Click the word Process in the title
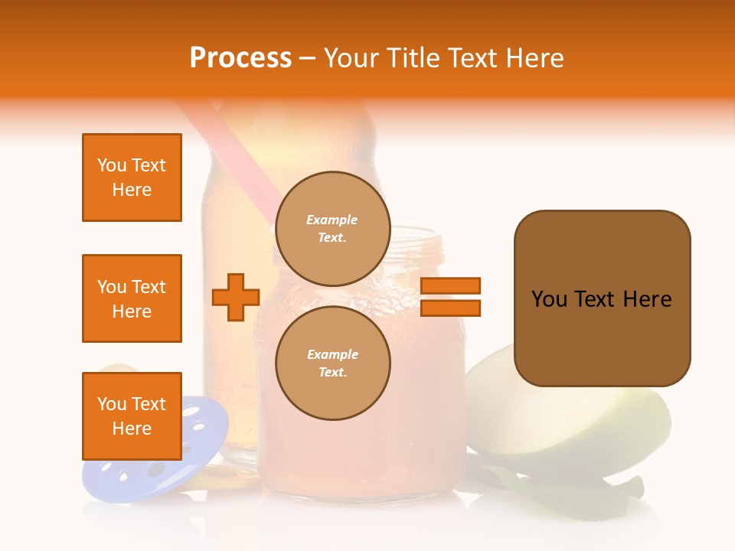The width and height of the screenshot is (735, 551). click(240, 58)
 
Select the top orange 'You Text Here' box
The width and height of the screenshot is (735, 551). click(132, 178)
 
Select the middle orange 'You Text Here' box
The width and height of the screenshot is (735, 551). click(132, 298)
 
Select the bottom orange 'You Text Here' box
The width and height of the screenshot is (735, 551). click(132, 416)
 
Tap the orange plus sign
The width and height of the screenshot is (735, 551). click(236, 297)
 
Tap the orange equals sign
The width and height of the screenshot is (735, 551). click(450, 297)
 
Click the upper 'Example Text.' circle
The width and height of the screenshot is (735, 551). click(332, 229)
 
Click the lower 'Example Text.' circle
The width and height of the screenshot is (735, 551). click(332, 364)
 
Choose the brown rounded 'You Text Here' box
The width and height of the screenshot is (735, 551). click(602, 298)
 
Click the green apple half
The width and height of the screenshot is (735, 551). click(582, 429)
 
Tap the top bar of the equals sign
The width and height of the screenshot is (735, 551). click(450, 285)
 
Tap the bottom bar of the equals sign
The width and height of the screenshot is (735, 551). click(450, 308)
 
